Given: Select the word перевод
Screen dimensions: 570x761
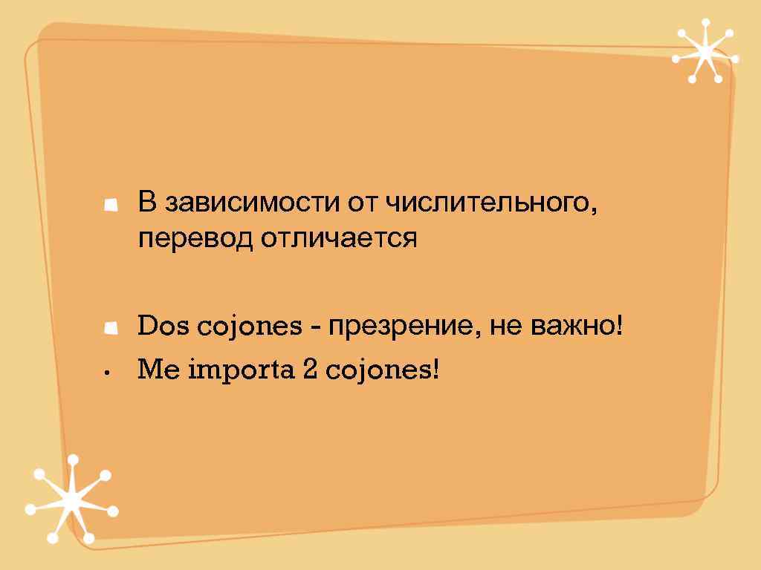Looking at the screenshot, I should point(196,239).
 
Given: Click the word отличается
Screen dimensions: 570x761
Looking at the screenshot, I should point(339,239).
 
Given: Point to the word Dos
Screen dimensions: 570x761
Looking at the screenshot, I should point(158,325).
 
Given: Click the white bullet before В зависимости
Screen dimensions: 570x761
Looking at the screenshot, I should point(111,203).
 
